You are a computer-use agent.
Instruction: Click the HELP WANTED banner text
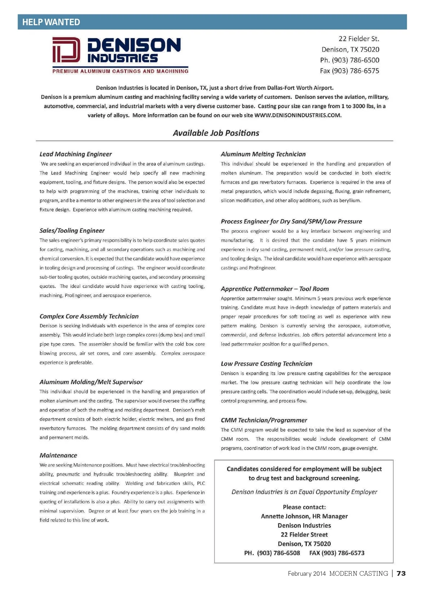click(51, 22)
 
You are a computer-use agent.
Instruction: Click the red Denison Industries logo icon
click(66, 50)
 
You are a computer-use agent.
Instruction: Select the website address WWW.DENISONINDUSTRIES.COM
click(298, 115)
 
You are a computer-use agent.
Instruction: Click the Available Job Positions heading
click(216, 133)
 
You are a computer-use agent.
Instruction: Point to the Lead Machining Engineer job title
click(75, 154)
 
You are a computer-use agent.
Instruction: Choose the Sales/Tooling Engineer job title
click(72, 231)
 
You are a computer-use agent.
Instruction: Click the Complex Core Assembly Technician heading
click(89, 316)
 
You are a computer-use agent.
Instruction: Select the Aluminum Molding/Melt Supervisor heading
click(91, 382)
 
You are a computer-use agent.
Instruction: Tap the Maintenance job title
click(58, 455)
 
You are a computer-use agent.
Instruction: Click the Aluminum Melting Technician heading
click(263, 154)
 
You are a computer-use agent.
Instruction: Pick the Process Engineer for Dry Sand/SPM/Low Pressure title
click(291, 222)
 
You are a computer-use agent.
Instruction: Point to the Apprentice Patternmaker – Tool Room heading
click(275, 289)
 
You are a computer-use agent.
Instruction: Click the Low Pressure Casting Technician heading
click(266, 364)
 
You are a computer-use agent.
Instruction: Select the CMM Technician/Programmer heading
click(264, 420)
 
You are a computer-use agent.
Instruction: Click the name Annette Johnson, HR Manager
click(304, 516)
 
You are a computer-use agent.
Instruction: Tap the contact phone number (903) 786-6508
click(278, 553)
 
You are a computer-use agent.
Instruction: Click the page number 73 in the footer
click(401, 574)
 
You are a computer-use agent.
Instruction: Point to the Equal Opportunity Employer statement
click(304, 492)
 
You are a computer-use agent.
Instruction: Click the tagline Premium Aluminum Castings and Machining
click(120, 71)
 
